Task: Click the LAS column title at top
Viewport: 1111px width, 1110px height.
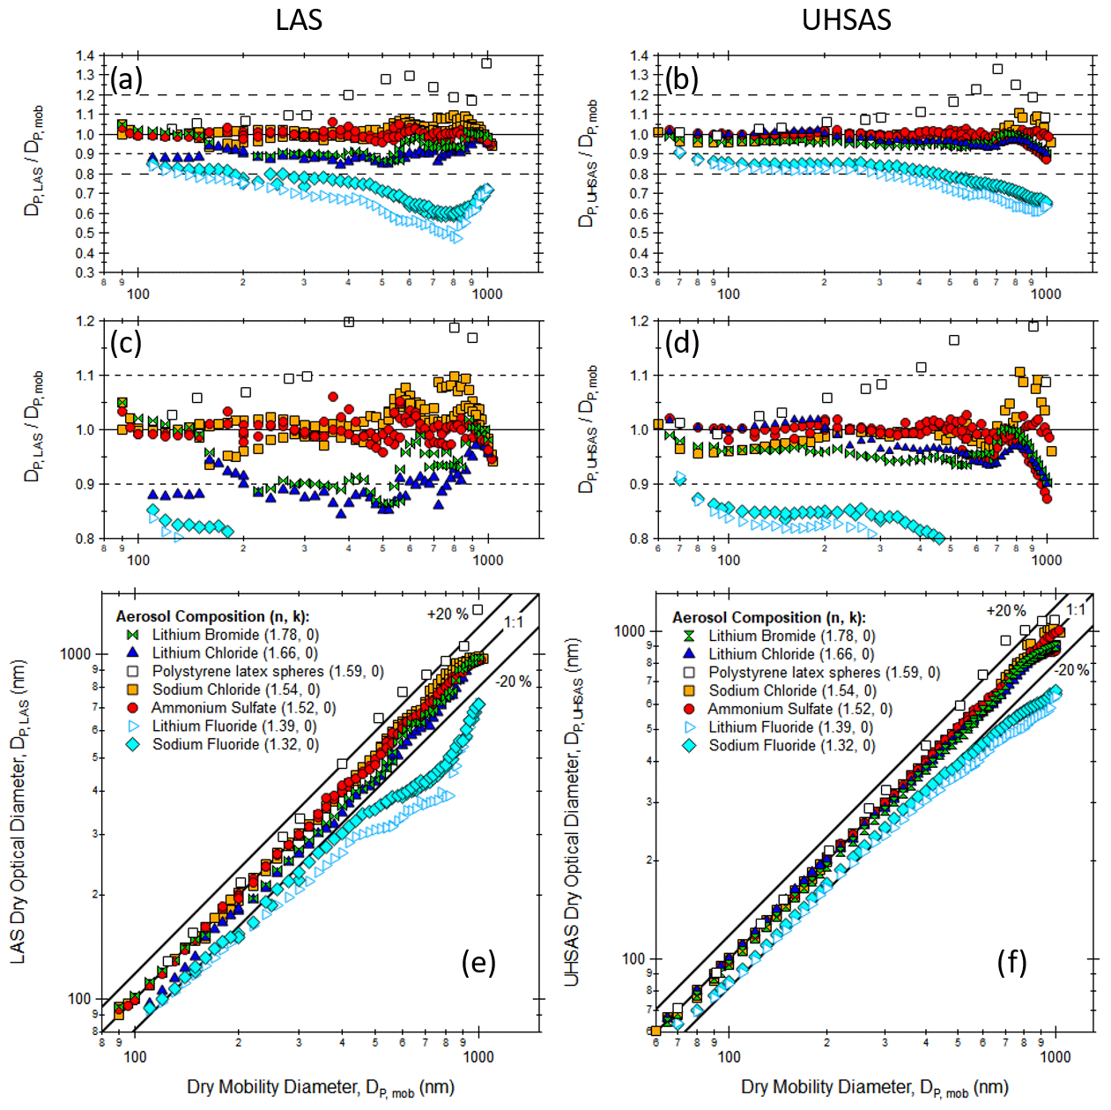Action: (299, 19)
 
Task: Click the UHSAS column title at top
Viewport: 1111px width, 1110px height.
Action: (846, 19)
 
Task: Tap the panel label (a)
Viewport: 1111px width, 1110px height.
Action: (126, 79)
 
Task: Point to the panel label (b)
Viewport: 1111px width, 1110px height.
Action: (682, 79)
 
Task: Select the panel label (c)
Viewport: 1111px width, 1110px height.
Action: (125, 342)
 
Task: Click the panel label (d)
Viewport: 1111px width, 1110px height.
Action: (682, 342)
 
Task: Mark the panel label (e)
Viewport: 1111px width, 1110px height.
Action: (478, 962)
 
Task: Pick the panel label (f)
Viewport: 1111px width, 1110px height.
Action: (1011, 962)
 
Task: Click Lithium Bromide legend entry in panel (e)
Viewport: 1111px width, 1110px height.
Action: (205, 635)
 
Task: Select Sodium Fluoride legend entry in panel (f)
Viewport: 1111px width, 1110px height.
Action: (762, 746)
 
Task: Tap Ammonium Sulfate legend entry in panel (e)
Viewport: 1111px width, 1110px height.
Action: (243, 708)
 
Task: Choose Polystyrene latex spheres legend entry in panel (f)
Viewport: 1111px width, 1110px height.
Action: (824, 673)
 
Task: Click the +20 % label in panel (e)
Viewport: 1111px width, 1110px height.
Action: (448, 615)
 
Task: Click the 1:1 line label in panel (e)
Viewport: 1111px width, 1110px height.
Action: (514, 622)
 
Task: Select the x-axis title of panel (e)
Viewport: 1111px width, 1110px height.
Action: (321, 1087)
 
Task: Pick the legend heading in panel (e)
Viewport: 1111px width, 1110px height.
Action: (213, 616)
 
